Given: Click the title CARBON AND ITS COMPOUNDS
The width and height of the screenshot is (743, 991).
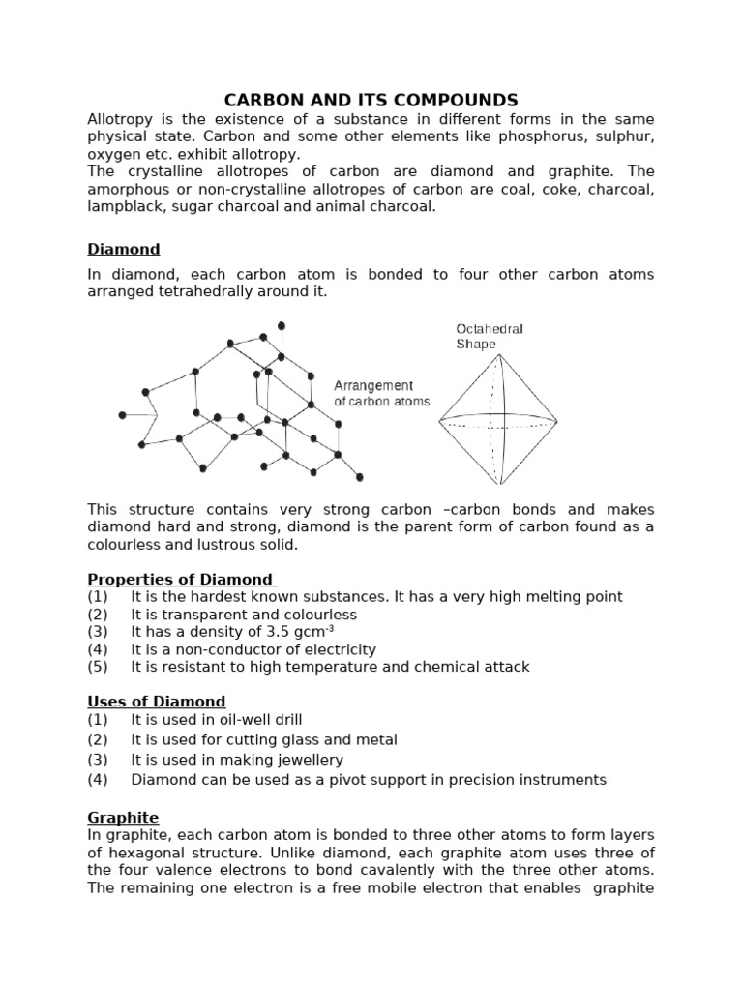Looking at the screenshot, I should click(371, 100).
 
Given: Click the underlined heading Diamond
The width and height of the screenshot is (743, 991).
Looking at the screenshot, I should click(124, 249).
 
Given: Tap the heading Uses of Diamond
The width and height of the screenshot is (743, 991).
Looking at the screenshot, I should click(157, 701).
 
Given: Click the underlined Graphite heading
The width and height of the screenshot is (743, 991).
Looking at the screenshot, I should click(123, 817).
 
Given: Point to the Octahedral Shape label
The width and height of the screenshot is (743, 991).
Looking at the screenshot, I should click(490, 336).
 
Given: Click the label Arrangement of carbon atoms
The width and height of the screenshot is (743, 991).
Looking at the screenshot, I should click(381, 393).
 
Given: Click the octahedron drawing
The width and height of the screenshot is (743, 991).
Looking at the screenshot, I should click(498, 420).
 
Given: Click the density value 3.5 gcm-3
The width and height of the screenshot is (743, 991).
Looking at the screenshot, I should click(285, 631).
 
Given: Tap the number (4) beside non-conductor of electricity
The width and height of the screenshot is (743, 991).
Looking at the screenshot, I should click(98, 649).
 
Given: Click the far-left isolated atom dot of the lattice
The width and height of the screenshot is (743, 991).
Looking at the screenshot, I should click(123, 415).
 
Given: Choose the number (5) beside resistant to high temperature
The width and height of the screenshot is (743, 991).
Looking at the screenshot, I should click(98, 667).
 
